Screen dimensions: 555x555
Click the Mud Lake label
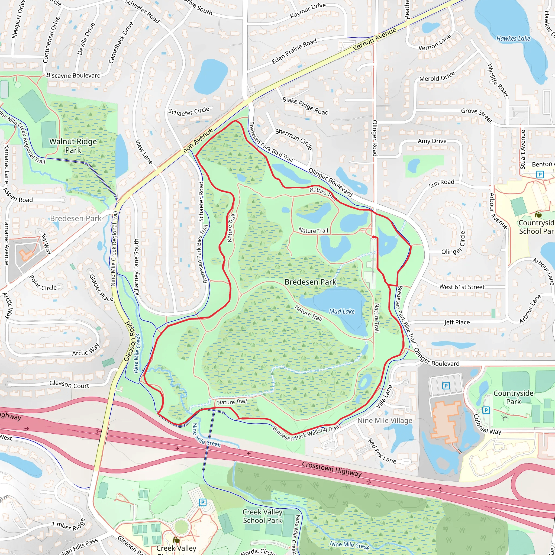[341, 311]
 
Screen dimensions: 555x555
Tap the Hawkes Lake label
[513, 38]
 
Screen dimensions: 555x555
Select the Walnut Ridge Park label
[73, 146]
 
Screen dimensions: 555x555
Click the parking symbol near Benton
[540, 174]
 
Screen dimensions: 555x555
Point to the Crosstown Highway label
[331, 469]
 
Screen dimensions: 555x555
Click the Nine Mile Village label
[385, 421]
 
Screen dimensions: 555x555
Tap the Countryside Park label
[513, 397]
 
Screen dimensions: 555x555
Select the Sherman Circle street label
[293, 139]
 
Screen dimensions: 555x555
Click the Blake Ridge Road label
[305, 106]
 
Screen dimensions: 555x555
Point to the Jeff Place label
[457, 322]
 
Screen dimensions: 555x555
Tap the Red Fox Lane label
[382, 451]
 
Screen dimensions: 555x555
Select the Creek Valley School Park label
[262, 516]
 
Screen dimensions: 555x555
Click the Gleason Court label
[69, 384]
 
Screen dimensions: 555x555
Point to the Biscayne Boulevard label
[73, 76]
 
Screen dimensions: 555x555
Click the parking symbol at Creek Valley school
[202, 502]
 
